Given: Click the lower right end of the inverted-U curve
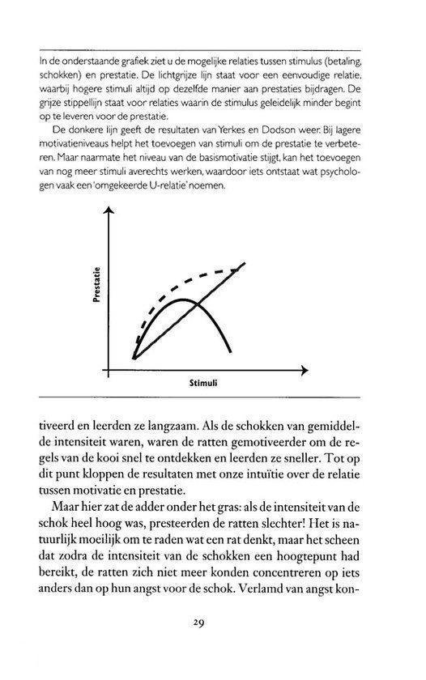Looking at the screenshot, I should pos(233,351).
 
